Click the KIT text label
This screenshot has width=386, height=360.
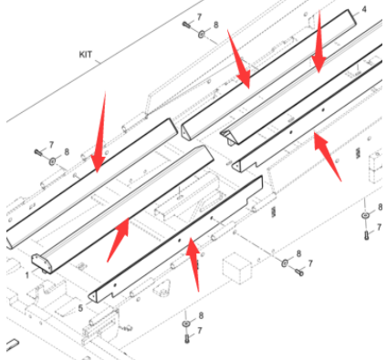coord(86,55)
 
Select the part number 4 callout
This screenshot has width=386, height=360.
coord(364,10)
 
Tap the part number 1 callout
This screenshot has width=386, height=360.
coord(27,275)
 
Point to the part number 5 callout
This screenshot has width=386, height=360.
coord(80,308)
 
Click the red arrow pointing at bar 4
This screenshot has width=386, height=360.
coord(239,59)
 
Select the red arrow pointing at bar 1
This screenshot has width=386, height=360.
coord(118,240)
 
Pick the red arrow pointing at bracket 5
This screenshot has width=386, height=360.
coord(193,264)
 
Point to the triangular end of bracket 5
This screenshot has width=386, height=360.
coord(93,296)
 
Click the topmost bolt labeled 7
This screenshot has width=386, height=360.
coord(186,25)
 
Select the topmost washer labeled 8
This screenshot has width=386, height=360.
coord(202,34)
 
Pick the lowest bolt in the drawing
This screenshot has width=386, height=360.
coord(187,338)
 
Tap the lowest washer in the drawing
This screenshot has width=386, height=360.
coord(186,324)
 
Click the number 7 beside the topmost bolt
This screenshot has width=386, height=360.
coord(199,17)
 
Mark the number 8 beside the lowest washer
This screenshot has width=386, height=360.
coord(201,315)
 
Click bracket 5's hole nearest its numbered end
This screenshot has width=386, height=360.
coord(115,285)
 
